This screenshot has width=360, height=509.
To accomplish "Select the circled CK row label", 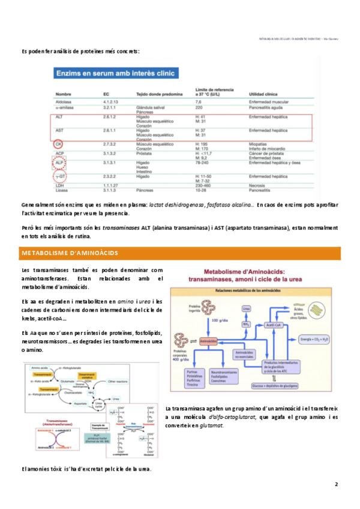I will [x=59, y=144].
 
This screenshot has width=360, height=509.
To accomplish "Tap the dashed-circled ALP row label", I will [x=59, y=162].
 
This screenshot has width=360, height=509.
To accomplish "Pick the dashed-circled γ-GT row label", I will [x=59, y=176].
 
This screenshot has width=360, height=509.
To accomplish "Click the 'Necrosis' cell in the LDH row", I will [x=258, y=185].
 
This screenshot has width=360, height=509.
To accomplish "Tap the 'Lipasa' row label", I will [x=62, y=190].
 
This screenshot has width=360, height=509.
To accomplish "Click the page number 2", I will [x=336, y=484].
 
